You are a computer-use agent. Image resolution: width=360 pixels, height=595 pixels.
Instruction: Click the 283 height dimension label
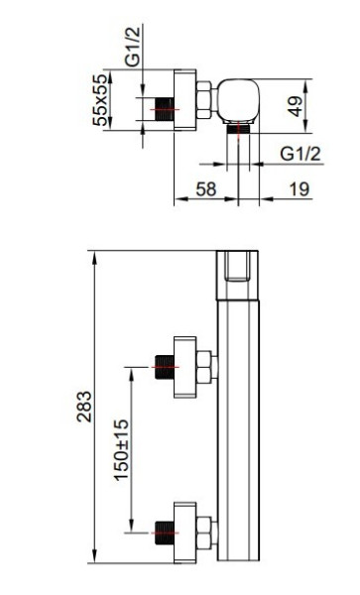tap(84, 407)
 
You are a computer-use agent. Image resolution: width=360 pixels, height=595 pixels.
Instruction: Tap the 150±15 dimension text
tap(122, 450)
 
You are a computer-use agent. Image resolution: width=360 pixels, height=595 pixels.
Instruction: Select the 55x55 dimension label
tap(100, 100)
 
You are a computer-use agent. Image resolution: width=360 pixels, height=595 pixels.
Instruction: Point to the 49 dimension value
tap(295, 106)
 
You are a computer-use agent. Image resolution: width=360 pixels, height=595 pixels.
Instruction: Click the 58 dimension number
tap(206, 189)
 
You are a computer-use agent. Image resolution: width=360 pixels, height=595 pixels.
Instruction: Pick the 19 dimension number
tap(300, 189)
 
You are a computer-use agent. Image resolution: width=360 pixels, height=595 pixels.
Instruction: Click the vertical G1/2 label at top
tap(132, 46)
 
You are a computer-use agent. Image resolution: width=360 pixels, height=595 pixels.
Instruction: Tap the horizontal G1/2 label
tap(300, 154)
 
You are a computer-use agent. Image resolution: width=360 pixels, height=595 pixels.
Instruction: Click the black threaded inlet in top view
tap(165, 109)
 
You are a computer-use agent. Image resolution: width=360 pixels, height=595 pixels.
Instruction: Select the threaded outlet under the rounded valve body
tap(238, 129)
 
